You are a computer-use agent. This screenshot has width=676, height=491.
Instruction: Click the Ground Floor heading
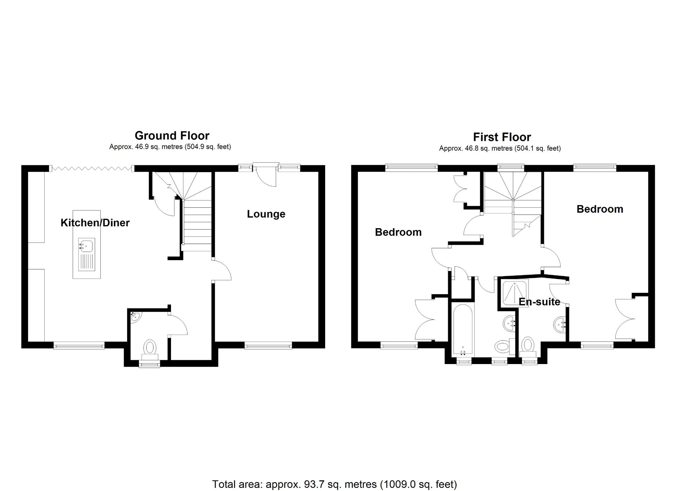click(172, 136)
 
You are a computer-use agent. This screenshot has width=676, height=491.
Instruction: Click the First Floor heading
click(502, 137)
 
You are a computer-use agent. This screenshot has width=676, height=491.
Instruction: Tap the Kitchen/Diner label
click(95, 223)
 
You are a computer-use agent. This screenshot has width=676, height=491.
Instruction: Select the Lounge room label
click(266, 214)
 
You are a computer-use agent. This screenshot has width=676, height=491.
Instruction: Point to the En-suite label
click(539, 302)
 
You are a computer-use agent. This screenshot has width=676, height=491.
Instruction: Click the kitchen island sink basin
click(86, 246)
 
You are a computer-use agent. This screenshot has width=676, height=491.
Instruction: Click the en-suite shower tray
click(515, 292)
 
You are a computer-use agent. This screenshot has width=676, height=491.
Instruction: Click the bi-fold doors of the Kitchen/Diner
click(92, 169)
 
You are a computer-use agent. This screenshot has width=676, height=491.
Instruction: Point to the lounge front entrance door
click(267, 175)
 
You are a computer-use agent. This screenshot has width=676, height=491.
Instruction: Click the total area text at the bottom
click(334, 484)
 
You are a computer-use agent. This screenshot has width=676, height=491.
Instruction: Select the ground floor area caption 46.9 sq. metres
click(170, 147)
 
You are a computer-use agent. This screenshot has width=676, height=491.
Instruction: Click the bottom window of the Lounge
click(268, 346)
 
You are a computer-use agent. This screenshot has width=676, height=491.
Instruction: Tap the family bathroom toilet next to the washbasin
click(502, 346)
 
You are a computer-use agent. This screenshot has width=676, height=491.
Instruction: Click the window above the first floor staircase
click(511, 168)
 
